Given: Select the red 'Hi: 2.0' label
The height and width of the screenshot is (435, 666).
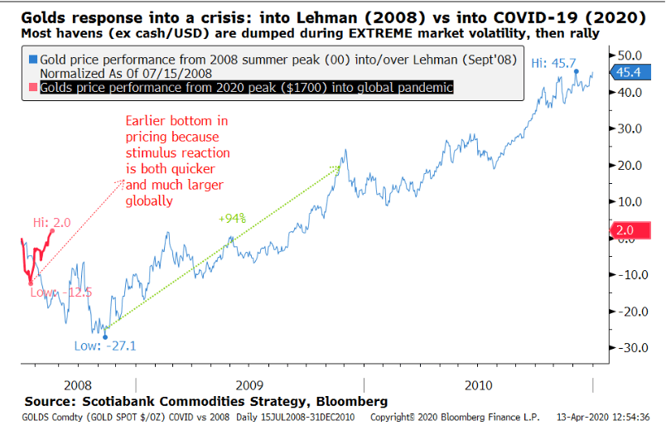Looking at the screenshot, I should click(x=51, y=221).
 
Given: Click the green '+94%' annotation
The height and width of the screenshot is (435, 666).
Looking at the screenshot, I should click(x=232, y=219).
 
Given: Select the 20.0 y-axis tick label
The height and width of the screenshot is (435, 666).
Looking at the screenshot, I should click(x=631, y=164).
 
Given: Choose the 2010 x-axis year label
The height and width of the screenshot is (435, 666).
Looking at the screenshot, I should click(x=478, y=385).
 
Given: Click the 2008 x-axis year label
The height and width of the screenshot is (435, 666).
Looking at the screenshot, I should click(x=65, y=385).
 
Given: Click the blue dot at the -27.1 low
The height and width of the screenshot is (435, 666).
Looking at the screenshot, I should click(x=105, y=336).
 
